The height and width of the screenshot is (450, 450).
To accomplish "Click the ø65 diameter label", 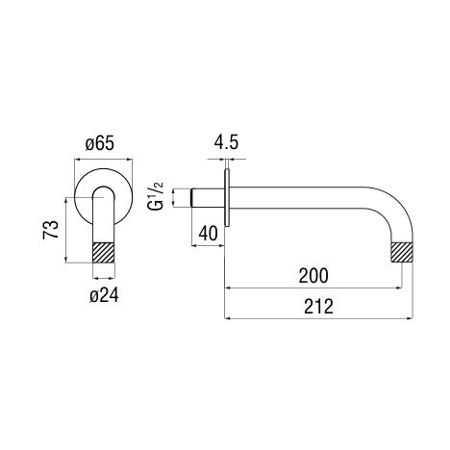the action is tap(100, 144).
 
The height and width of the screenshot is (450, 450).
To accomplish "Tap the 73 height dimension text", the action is tap(51, 230).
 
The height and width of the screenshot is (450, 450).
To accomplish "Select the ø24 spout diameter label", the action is tap(104, 295).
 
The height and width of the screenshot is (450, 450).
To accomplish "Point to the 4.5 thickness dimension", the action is tap(226, 142).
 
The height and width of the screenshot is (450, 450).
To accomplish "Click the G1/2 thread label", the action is tap(156, 196).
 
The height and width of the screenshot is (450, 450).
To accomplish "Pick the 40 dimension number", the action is tap(208, 234).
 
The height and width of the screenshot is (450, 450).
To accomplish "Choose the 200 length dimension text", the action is tap(313, 276).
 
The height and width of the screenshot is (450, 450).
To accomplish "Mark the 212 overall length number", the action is tap(318, 307).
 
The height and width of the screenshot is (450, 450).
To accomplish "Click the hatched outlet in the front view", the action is tap(104, 253).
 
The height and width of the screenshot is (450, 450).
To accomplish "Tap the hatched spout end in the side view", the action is tap(402, 252).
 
